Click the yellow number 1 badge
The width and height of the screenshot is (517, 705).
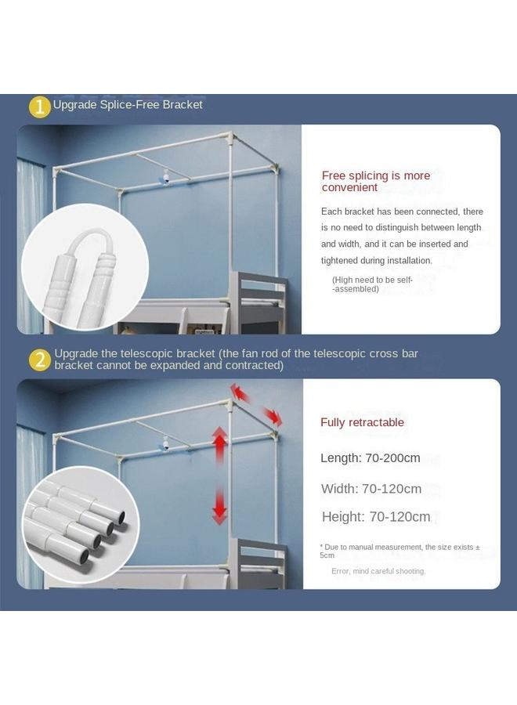[40, 106]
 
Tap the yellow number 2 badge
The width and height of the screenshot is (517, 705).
[40, 360]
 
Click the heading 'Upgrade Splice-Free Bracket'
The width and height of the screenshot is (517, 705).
[128, 104]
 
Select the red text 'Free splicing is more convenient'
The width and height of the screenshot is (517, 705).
[376, 181]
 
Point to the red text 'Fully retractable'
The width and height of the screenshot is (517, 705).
[362, 422]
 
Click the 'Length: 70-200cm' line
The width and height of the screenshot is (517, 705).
[371, 458]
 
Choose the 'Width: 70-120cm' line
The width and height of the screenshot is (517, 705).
[371, 489]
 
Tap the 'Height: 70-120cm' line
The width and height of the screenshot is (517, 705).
[376, 517]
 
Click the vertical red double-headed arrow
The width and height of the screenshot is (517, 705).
[220, 475]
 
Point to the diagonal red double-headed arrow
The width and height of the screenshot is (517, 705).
[256, 404]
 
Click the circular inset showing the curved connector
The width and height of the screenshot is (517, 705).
[74, 256]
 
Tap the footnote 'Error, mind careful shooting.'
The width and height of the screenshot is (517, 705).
[378, 571]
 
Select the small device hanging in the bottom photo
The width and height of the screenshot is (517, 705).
[165, 444]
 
